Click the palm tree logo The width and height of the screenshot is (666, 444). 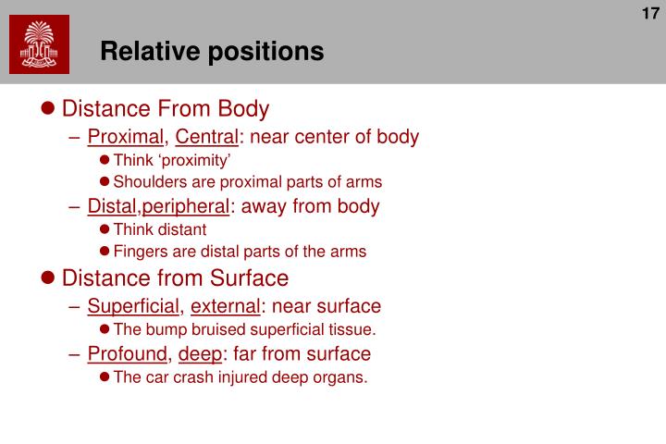click(39, 46)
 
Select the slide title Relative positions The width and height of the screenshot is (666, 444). click(212, 51)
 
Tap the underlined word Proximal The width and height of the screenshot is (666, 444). click(126, 138)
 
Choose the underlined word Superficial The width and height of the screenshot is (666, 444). click(133, 306)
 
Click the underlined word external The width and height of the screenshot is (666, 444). click(225, 306)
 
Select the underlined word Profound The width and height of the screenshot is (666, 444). click(128, 353)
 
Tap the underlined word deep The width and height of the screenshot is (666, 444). click(200, 353)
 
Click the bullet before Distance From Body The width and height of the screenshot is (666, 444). click(50, 110)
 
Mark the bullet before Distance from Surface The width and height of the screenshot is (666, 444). click(50, 278)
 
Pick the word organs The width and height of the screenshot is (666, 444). click(343, 376)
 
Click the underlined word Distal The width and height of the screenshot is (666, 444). click(113, 206)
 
